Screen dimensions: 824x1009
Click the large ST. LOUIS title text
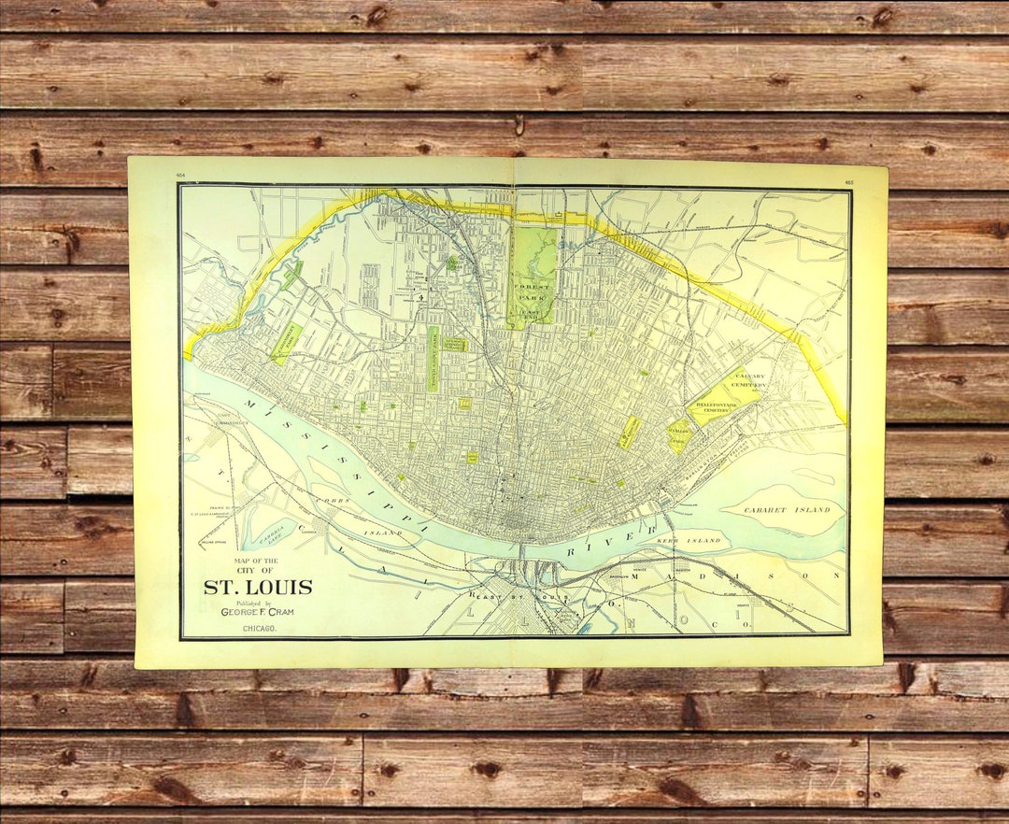259,588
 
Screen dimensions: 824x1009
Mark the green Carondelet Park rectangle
285,343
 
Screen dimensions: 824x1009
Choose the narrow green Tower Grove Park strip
433,359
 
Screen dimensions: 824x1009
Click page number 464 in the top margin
180,173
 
